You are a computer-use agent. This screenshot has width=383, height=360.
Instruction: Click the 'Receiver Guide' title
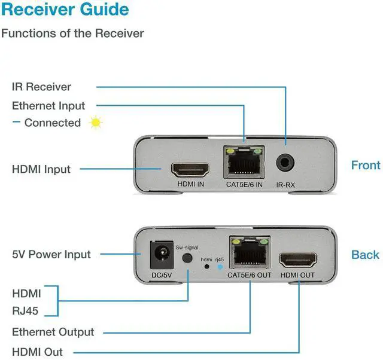point(65,10)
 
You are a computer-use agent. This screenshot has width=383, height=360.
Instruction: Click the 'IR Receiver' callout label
point(41,87)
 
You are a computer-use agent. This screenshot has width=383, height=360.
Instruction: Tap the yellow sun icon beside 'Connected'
point(95,123)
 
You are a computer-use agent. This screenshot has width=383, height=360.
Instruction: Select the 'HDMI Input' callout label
point(41,169)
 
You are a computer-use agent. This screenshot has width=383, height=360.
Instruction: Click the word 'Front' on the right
point(366,165)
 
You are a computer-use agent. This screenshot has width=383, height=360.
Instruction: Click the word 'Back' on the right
point(365,255)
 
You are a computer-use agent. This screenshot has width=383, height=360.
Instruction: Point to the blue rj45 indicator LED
point(220,267)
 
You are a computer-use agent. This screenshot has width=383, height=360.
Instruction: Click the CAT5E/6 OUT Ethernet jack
point(249,254)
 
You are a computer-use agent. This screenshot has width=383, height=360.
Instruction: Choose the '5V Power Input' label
point(51,254)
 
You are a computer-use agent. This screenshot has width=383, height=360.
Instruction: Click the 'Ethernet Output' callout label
point(53,332)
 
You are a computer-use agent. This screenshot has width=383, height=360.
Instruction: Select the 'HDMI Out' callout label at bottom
point(37,352)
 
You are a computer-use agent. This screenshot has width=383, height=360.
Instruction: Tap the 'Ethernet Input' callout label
point(48,106)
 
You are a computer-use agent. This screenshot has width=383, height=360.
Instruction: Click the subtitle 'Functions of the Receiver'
point(72,33)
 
